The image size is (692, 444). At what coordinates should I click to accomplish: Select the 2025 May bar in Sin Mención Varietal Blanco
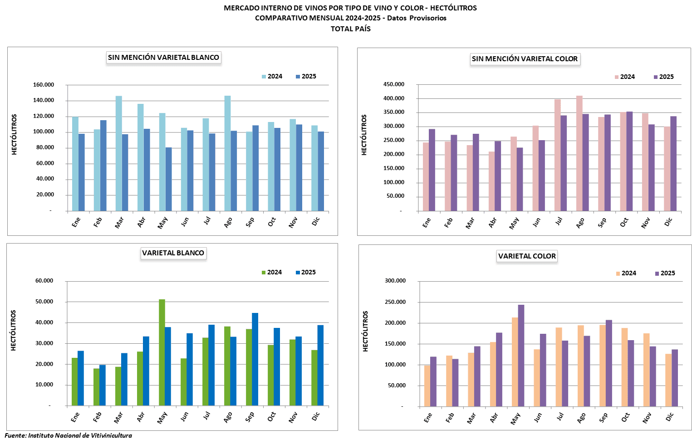pos(169,179)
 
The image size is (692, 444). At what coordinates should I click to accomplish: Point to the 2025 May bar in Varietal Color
pos(521,356)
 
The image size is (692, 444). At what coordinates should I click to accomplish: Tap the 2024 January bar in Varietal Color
pos(427,385)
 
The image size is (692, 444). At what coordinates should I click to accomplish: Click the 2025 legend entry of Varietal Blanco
pos(305,273)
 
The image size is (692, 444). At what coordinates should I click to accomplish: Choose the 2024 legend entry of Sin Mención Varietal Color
pos(624,77)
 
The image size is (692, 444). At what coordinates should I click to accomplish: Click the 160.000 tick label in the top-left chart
pos(44,85)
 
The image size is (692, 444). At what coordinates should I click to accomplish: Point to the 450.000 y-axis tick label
pos(394,84)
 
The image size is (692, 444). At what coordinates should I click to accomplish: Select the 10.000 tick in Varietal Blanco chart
pos(44,385)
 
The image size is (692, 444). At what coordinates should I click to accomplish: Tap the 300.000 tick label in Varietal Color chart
pos(394,281)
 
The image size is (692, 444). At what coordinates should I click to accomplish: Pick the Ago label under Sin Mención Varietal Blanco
pos(228,222)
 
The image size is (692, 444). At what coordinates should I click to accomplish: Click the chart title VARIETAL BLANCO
pos(173,253)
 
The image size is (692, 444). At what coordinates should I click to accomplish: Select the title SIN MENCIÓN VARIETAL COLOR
pos(525,59)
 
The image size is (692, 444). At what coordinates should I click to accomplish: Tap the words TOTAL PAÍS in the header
pos(350,29)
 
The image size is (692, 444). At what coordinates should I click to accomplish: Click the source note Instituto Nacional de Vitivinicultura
pos(80,435)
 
